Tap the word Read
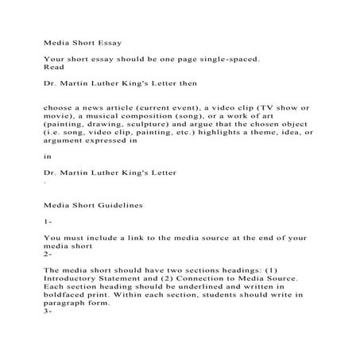point(53,68)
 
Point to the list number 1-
point(48,224)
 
